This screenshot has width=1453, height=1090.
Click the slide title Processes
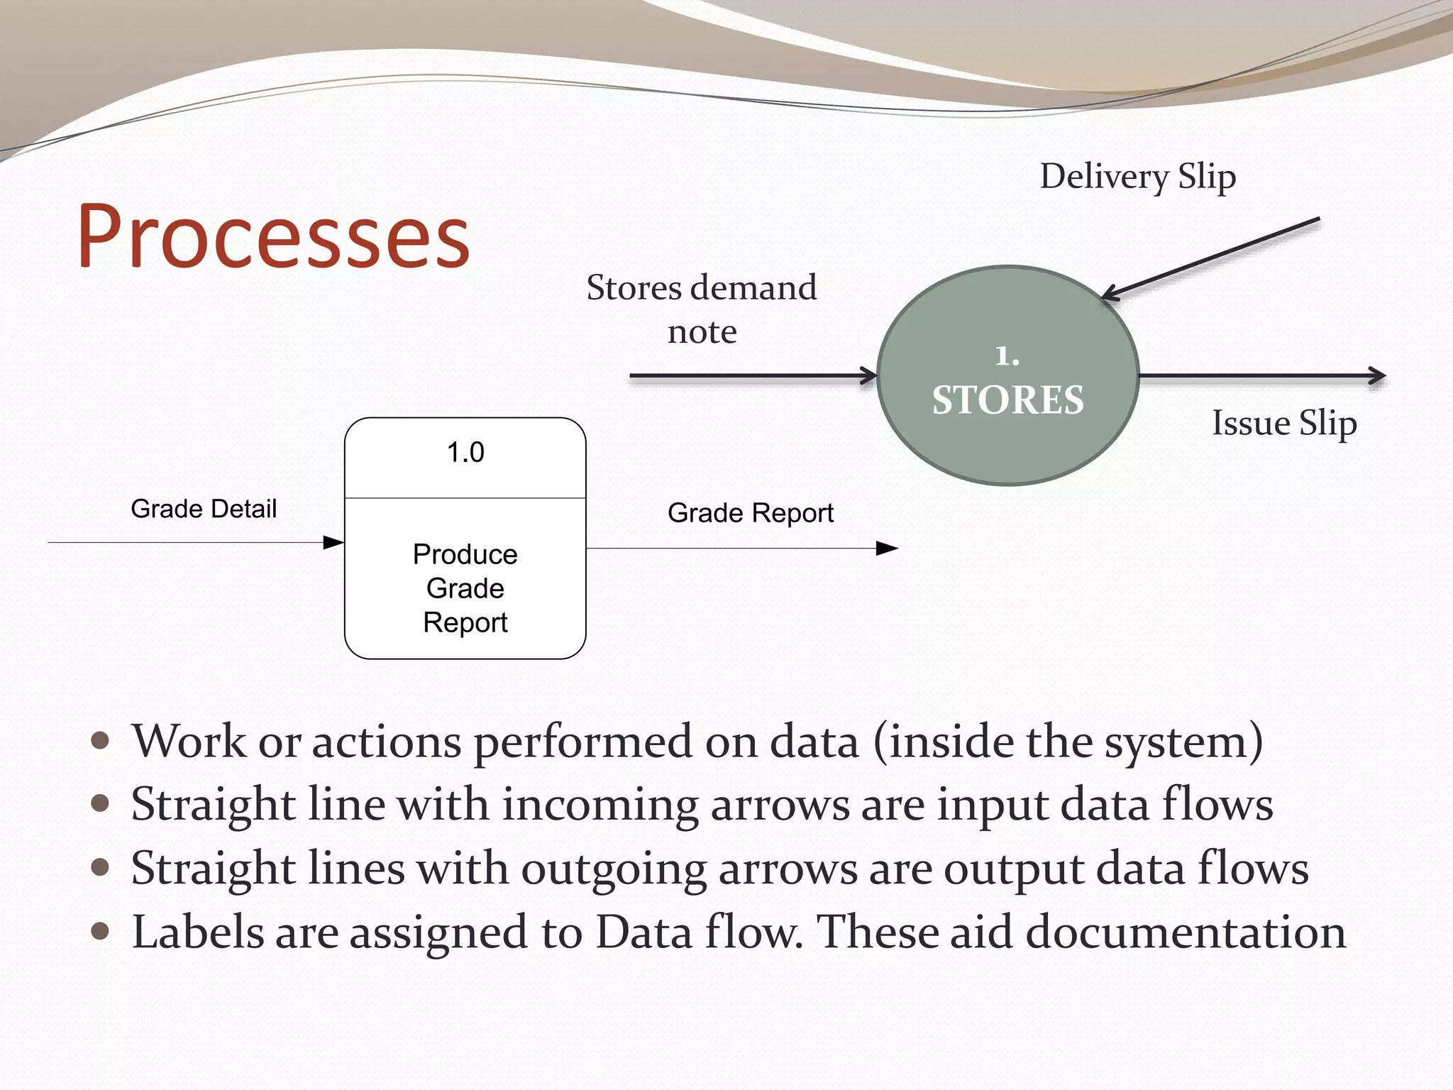273,236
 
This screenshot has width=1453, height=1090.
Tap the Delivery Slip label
1137,176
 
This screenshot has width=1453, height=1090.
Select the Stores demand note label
701,309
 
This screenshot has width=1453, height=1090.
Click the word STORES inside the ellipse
1007,400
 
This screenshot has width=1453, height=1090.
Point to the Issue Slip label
1284,423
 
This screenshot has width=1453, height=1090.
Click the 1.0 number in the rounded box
465,453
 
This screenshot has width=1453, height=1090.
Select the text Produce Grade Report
465,588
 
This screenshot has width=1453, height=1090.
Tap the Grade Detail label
204,509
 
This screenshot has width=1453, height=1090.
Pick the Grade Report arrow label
750,513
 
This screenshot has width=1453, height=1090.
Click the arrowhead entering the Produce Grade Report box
333,543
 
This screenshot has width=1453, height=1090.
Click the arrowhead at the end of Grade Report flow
887,549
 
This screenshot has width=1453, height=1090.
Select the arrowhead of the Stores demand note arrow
869,375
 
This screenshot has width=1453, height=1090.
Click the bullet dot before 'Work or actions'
101,742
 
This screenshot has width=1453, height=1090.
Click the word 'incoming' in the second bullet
600,806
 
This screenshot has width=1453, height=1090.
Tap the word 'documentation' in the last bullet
1186,932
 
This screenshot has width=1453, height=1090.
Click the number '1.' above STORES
1007,356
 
